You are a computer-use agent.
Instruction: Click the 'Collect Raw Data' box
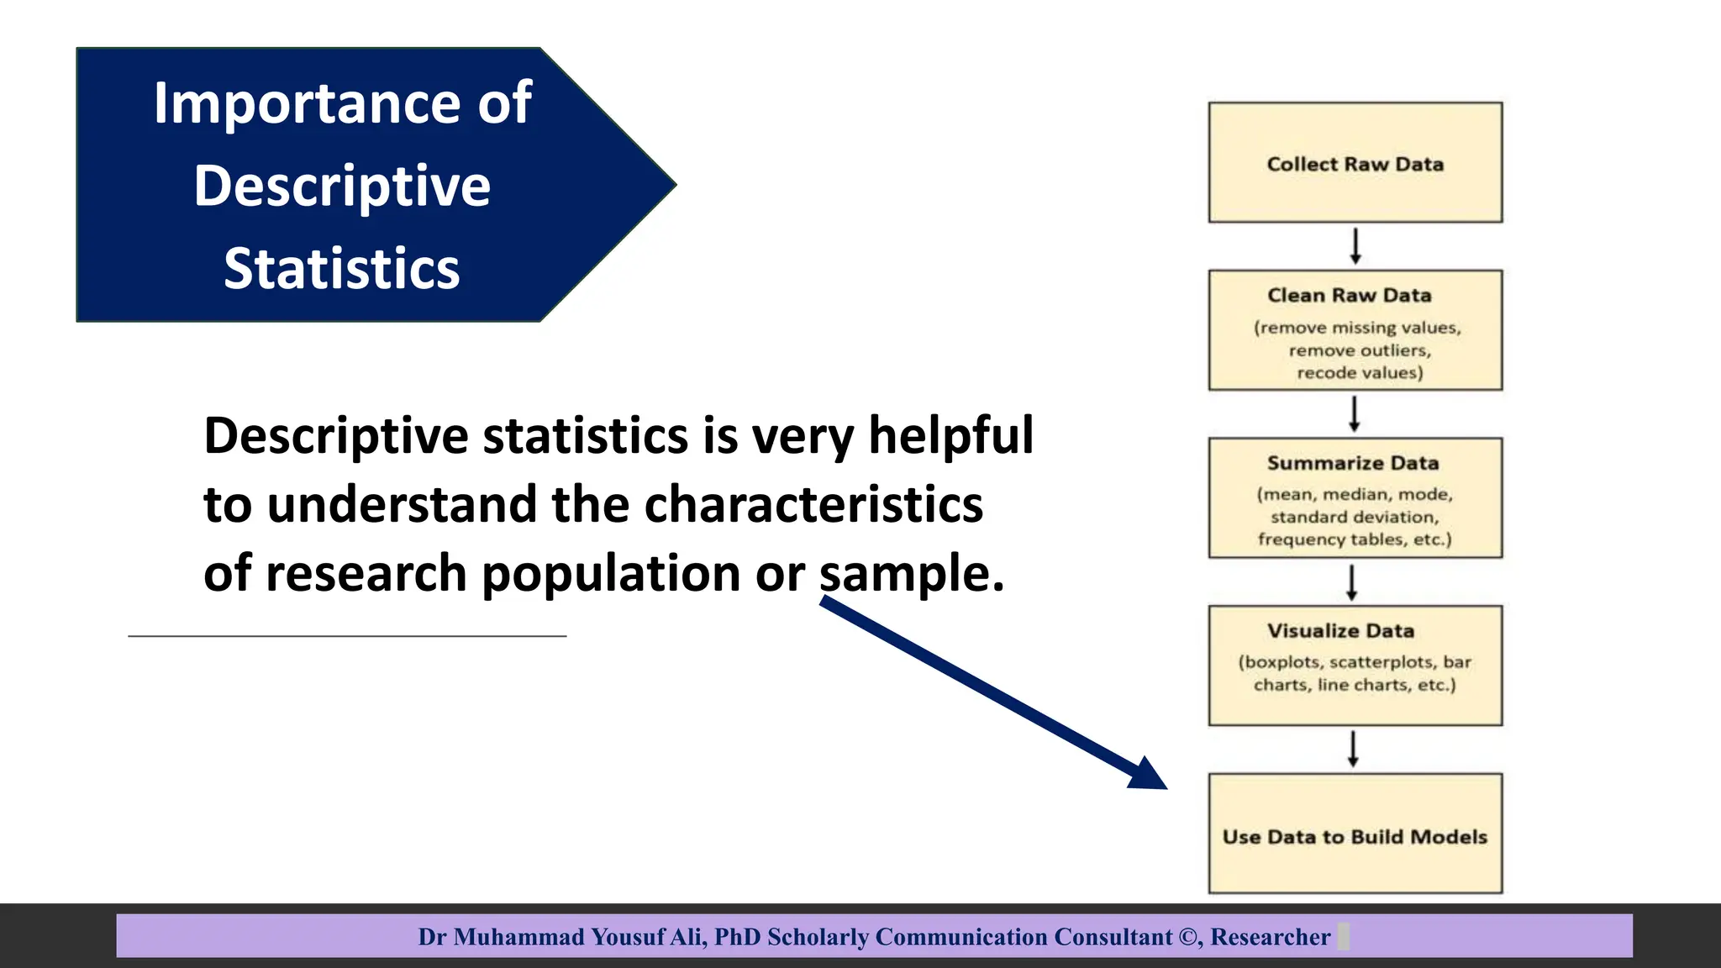[1355, 163]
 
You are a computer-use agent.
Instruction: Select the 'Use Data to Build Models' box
[1355, 835]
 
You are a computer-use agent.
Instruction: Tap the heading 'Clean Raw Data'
[1350, 296]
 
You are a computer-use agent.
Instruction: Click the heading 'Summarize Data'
[1353, 463]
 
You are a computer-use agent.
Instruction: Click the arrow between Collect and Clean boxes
[1355, 246]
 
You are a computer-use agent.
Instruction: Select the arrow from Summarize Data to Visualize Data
[1352, 582]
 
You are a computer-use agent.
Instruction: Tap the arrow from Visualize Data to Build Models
[1353, 749]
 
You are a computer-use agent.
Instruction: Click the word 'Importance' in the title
[307, 103]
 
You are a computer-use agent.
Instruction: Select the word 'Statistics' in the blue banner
[342, 269]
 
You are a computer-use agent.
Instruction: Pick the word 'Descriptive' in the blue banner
[342, 186]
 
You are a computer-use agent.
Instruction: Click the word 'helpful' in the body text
[950, 435]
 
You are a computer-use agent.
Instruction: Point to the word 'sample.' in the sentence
[912, 574]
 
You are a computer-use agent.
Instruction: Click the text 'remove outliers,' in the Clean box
[1360, 350]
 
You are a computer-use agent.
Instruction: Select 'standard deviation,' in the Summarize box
[1354, 517]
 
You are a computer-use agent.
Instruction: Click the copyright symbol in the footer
[1190, 937]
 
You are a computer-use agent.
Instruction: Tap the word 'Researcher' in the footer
[1270, 937]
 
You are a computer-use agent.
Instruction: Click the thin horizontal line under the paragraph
[347, 636]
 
